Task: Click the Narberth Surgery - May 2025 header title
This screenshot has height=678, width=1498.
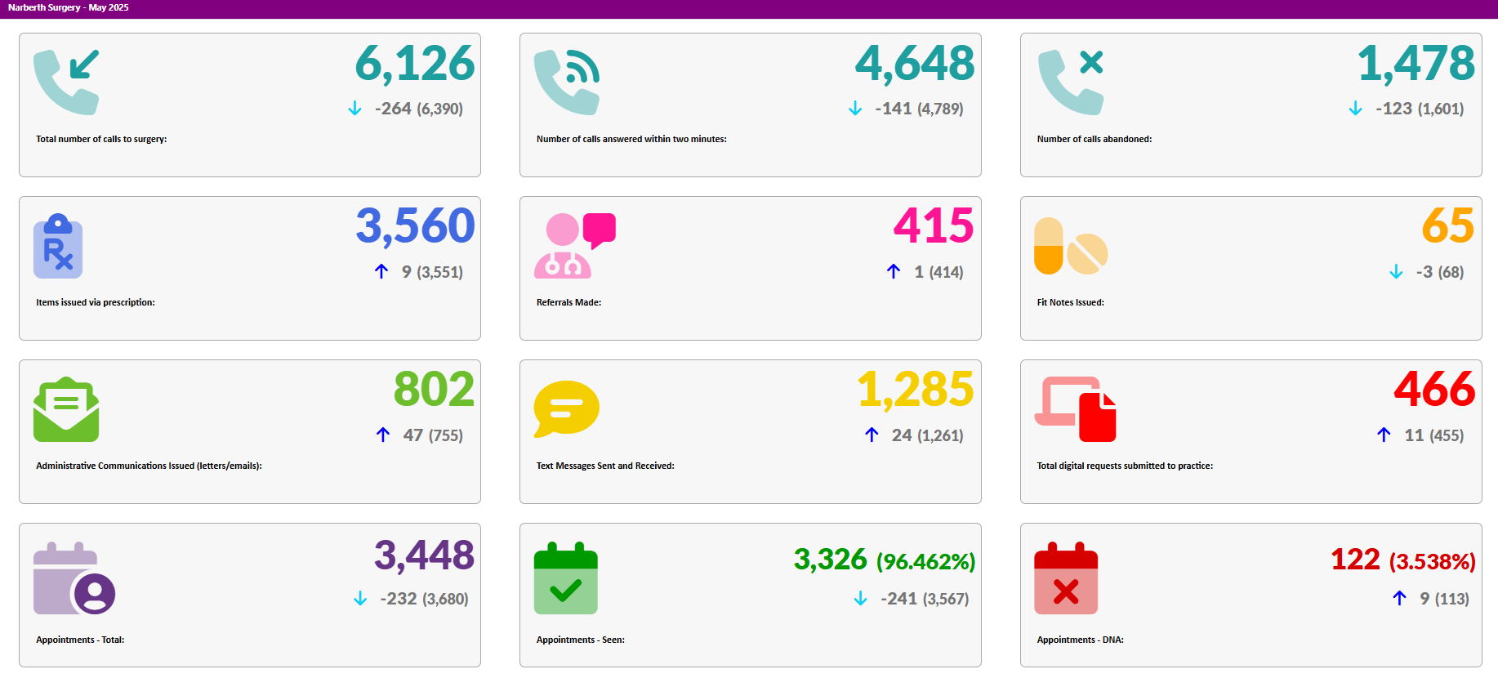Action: click(69, 8)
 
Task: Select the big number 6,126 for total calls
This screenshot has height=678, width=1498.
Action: click(415, 64)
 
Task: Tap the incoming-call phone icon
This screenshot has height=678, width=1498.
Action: click(66, 82)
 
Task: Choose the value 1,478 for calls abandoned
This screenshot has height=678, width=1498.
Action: click(1416, 64)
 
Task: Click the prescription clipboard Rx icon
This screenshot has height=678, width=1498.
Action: click(58, 247)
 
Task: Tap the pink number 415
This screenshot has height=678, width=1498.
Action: click(933, 226)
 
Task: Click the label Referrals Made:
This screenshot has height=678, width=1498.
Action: click(568, 302)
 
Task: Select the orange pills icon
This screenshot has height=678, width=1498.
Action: click(1070, 246)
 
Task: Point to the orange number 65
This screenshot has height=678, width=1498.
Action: click(1447, 226)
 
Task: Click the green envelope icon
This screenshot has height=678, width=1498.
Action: click(66, 409)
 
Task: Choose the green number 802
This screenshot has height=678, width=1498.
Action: click(434, 390)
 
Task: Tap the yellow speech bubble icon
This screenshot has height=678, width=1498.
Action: click(566, 408)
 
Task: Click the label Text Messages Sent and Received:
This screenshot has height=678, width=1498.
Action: click(605, 466)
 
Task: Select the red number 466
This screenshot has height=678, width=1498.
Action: click(1434, 390)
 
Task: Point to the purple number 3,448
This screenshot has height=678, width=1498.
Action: click(424, 556)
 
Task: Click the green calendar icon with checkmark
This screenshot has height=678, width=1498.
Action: click(566, 578)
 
